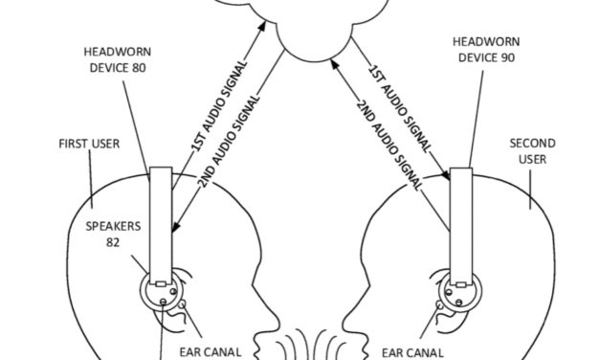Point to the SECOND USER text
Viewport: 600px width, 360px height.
click(x=531, y=151)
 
